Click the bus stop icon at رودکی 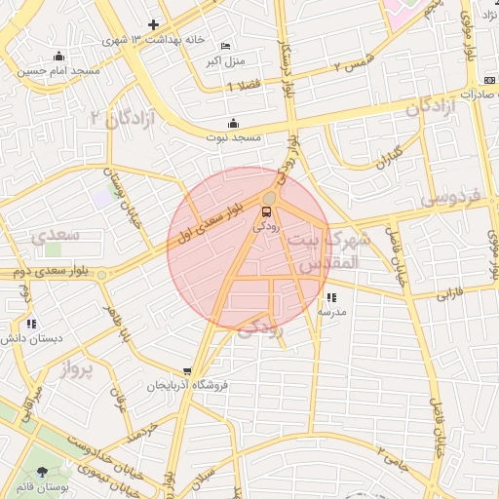[x=266, y=211]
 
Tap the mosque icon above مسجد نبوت [x=233, y=123]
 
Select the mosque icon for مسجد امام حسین [x=59, y=56]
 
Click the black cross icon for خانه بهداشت [x=153, y=24]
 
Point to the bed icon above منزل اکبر [x=226, y=46]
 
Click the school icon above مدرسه [x=331, y=297]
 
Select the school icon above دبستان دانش [x=32, y=324]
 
